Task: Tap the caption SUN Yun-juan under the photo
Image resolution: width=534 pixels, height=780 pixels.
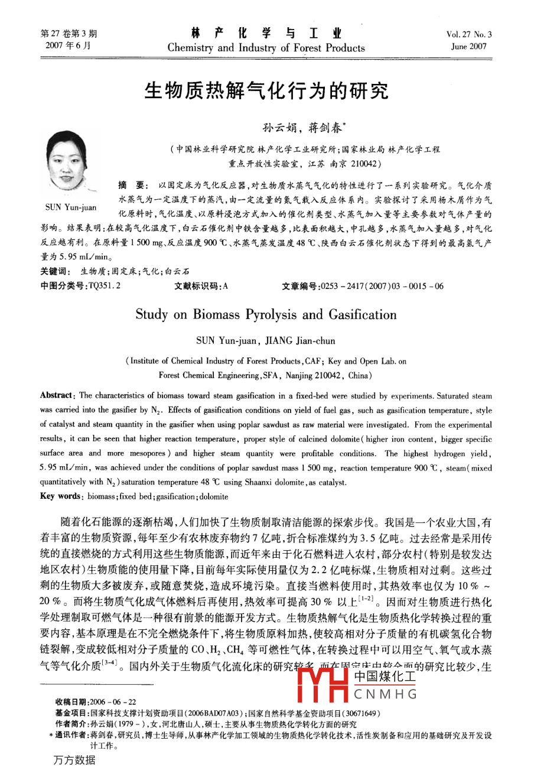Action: click(71, 207)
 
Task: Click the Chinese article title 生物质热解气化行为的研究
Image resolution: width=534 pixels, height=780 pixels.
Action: click(267, 92)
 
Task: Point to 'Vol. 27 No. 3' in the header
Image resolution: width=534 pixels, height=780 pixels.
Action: click(469, 35)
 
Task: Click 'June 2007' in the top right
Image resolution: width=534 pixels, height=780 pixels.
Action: click(469, 46)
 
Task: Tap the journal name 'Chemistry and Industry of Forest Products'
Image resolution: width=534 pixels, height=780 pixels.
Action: click(266, 48)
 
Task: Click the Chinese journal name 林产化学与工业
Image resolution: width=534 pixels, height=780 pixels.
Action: click(266, 33)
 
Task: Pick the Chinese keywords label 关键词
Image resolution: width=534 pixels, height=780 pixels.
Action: click(56, 272)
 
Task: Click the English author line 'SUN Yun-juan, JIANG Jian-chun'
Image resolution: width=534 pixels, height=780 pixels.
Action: click(266, 341)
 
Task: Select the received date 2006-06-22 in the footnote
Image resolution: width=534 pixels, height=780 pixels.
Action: click(115, 701)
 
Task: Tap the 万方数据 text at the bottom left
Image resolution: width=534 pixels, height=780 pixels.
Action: click(74, 760)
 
